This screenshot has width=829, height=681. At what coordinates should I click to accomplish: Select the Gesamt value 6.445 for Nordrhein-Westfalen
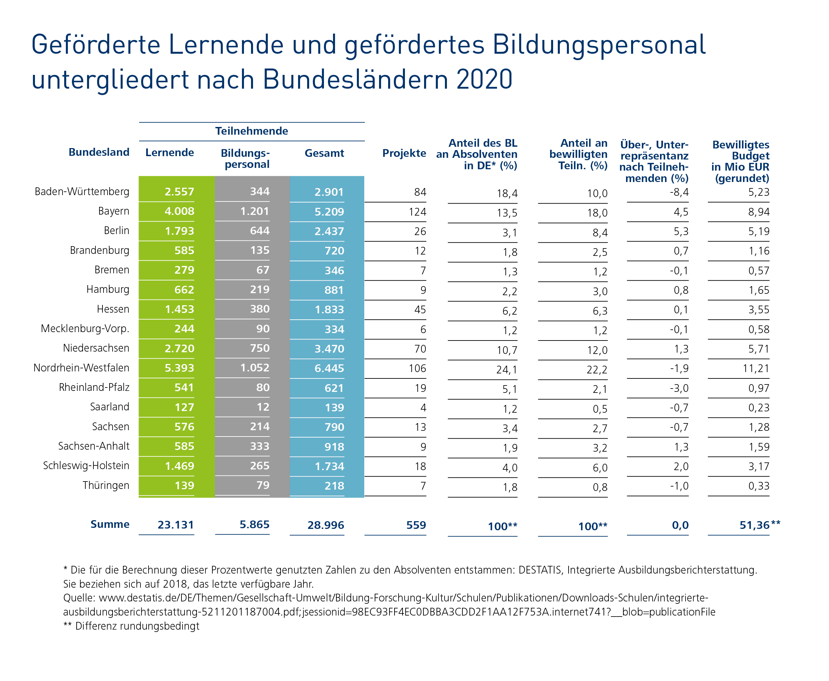pyautogui.click(x=329, y=368)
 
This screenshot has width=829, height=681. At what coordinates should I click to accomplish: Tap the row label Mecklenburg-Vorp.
pyautogui.click(x=85, y=328)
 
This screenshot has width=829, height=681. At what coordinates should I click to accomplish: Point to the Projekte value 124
pyautogui.click(x=417, y=212)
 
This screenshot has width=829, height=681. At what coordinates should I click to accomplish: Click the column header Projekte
pyautogui.click(x=404, y=153)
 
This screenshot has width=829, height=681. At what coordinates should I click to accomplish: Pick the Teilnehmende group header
pyautogui.click(x=251, y=131)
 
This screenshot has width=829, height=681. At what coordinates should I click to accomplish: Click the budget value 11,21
pyautogui.click(x=756, y=368)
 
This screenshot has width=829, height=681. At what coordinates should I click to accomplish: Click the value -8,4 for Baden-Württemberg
pyautogui.click(x=679, y=192)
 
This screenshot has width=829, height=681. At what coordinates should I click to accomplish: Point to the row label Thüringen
pyautogui.click(x=106, y=485)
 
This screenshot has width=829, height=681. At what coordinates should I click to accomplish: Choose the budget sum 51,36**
pyautogui.click(x=759, y=525)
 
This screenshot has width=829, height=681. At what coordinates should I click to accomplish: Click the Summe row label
pyautogui.click(x=110, y=524)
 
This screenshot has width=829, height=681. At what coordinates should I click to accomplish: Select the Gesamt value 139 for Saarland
pyautogui.click(x=334, y=407)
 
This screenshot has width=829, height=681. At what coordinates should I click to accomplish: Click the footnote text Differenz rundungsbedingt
pyautogui.click(x=137, y=626)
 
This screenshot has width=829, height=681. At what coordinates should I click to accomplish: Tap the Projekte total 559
pyautogui.click(x=416, y=525)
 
